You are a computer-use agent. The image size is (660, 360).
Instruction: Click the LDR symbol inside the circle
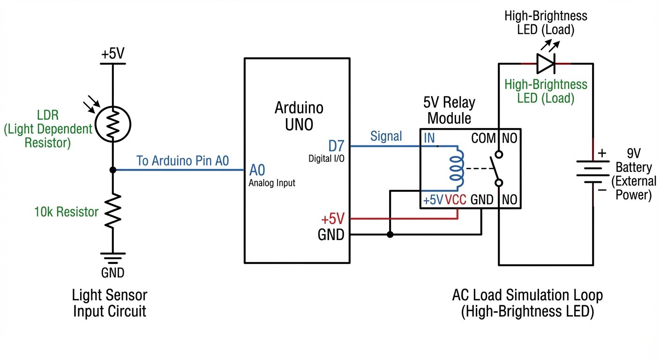[x=112, y=124]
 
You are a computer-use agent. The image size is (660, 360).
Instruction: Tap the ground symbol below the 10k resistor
[x=112, y=257]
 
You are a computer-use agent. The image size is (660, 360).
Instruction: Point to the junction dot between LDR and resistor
[x=112, y=170]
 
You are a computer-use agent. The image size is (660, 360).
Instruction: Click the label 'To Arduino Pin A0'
[x=182, y=161]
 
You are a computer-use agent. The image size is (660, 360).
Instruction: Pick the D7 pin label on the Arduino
[x=336, y=146]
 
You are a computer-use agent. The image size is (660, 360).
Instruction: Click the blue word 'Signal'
[x=386, y=136]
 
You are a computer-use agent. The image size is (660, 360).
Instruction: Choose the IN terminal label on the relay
[x=429, y=138]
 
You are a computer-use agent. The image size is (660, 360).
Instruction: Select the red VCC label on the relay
[x=456, y=200]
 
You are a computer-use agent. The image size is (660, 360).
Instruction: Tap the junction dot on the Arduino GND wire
[x=390, y=234]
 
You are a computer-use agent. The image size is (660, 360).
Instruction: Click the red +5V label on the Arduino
[x=332, y=219]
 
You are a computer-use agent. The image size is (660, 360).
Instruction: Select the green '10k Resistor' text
[x=66, y=212]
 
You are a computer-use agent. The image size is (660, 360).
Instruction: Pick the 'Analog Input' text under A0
[x=272, y=183]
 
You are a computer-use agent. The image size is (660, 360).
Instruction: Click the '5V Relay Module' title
[x=449, y=110]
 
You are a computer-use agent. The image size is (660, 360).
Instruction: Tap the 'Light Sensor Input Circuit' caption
[x=110, y=303]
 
